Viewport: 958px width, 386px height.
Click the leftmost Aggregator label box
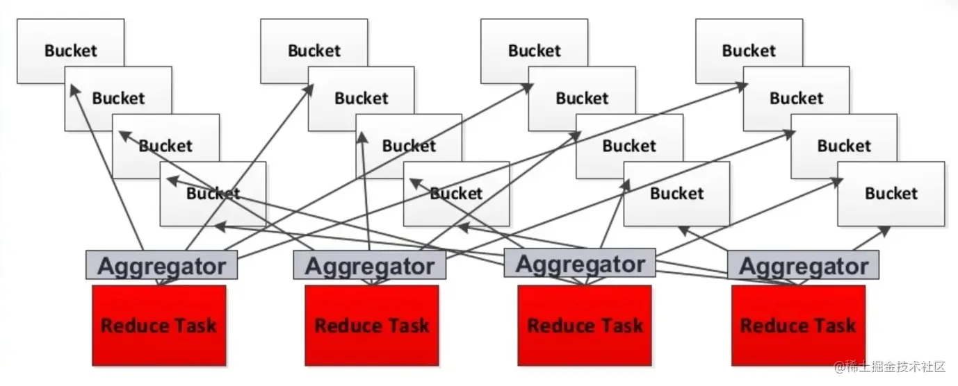pyautogui.click(x=161, y=265)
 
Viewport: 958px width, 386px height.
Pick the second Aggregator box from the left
pyautogui.click(x=369, y=265)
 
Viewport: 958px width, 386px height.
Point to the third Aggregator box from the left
pyautogui.click(x=580, y=262)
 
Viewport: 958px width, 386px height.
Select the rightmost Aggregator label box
pyautogui.click(x=803, y=265)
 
